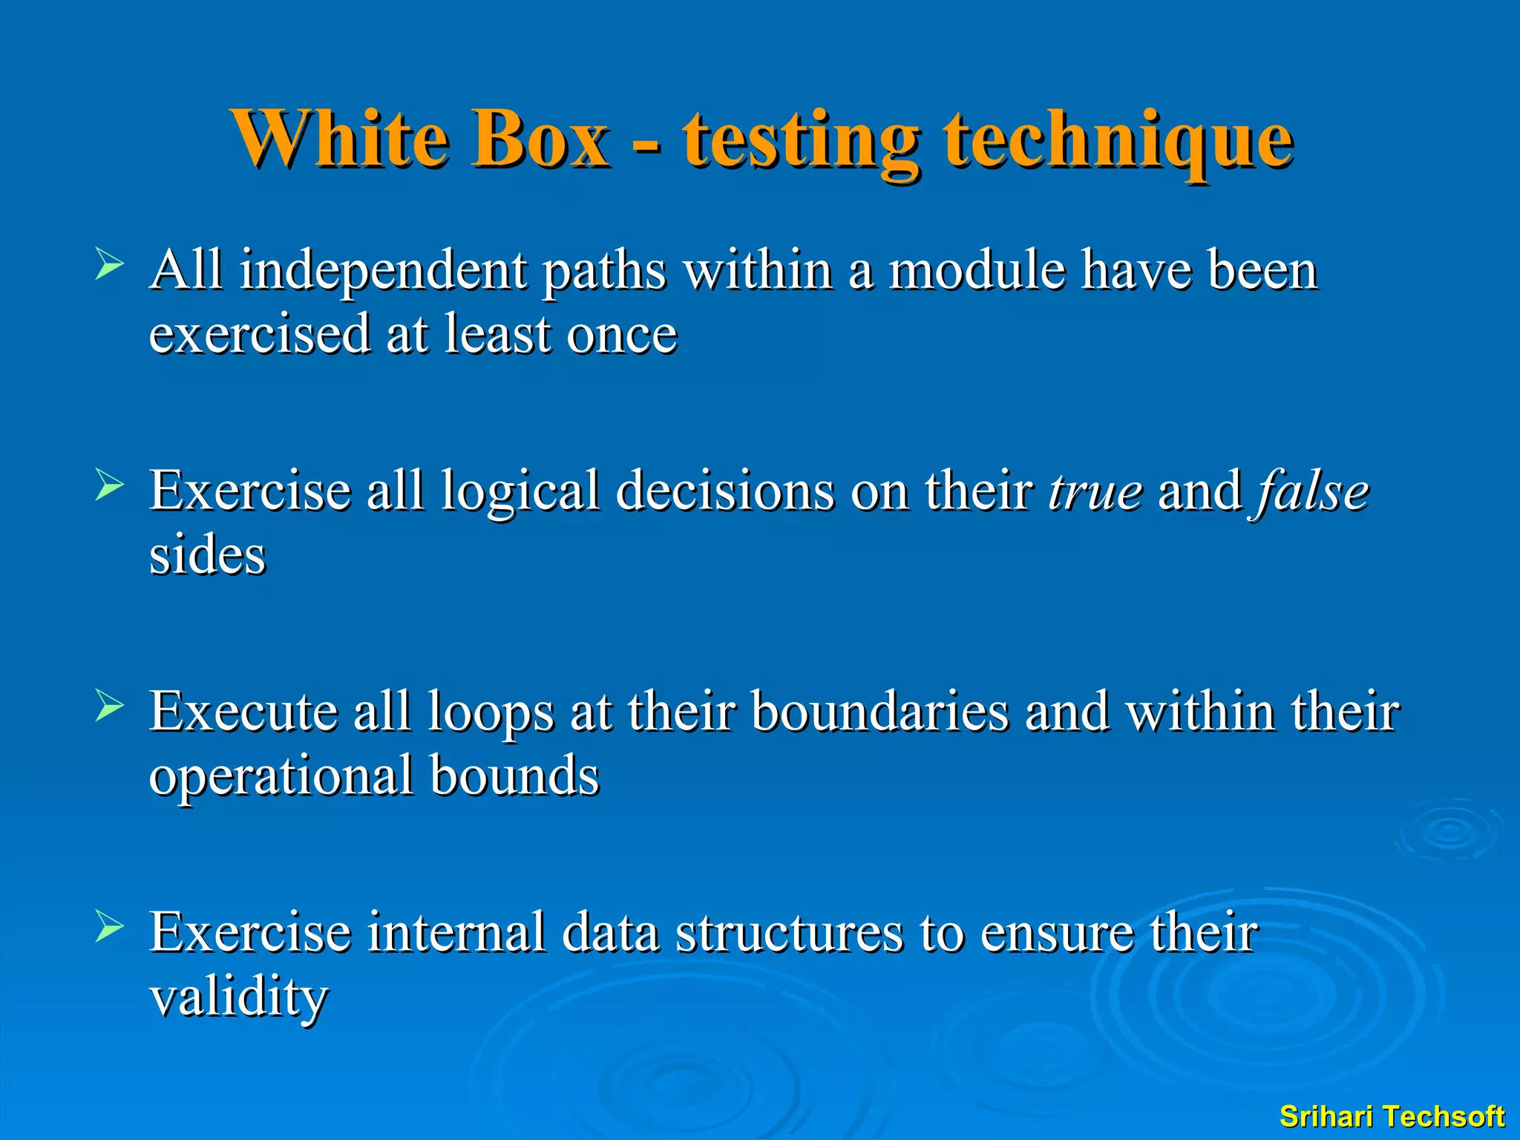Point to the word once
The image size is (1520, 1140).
click(622, 335)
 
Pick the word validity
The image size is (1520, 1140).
click(239, 998)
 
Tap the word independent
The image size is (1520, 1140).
click(382, 272)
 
